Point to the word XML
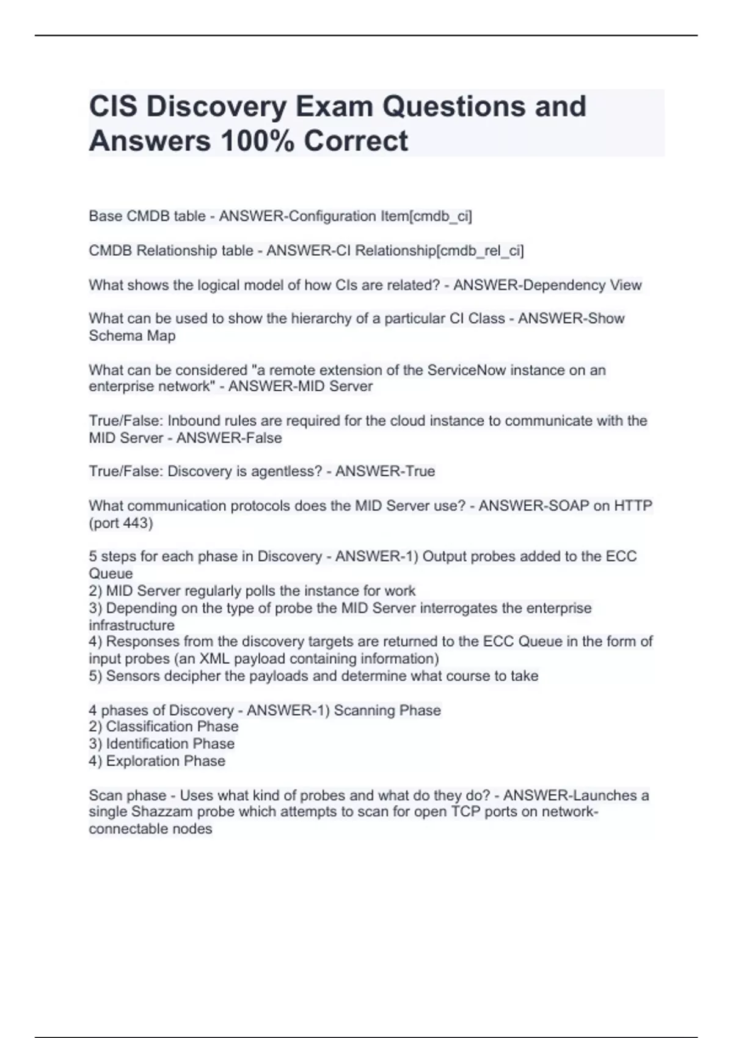pos(214,659)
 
